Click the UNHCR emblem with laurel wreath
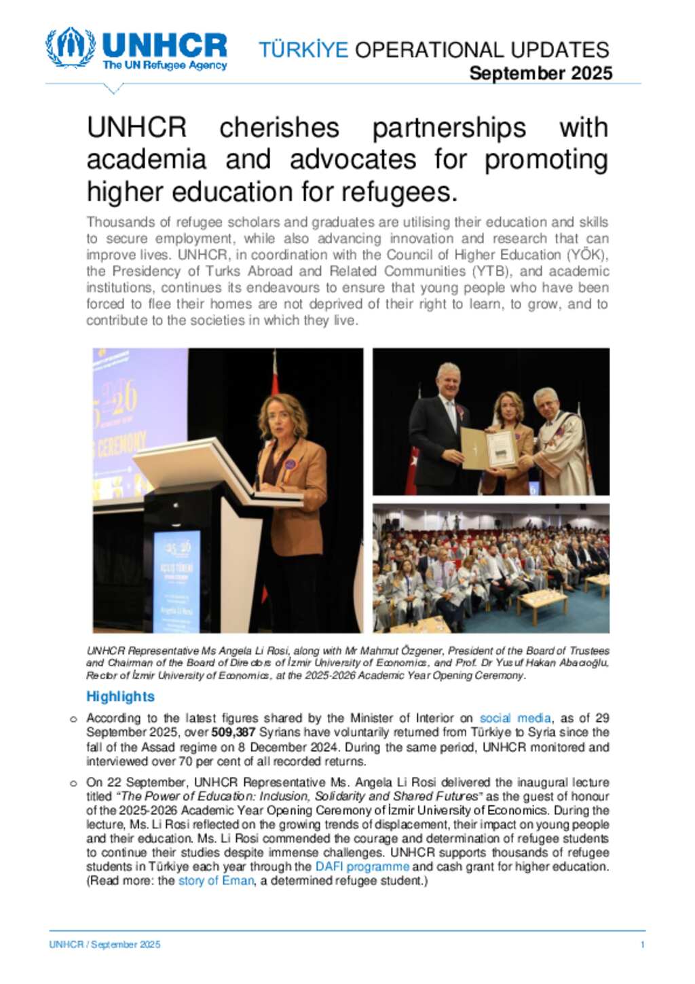coord(70,47)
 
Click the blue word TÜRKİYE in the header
coord(303,50)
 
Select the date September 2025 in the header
coord(540,73)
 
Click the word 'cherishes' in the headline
coord(279,128)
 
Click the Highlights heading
coord(120,696)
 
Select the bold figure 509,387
coord(233,732)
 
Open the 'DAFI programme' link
coord(362,867)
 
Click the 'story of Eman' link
coord(216,881)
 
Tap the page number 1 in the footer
coord(642,945)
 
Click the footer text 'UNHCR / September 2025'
coord(105,945)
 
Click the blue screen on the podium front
coord(176,577)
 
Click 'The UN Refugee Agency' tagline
coord(164,66)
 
